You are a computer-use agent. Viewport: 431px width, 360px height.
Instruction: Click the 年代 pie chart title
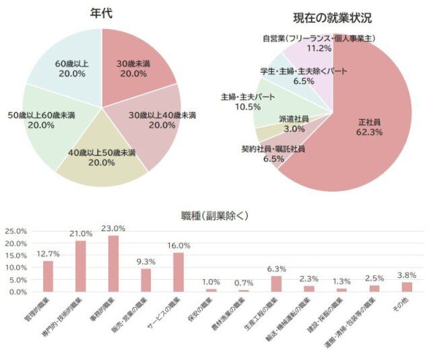pos(101,13)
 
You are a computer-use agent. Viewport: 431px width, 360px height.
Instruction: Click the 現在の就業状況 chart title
pos(332,18)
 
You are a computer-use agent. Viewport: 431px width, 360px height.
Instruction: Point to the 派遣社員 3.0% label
pos(294,123)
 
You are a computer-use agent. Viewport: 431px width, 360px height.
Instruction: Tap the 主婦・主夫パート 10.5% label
pos(248,102)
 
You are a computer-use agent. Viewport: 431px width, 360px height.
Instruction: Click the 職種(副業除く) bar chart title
pos(215,216)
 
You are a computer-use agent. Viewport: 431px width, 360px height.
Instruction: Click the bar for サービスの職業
pos(178,272)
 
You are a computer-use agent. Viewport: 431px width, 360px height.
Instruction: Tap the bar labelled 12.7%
pos(48,276)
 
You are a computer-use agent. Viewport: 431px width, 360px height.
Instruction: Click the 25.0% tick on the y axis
pos(16,231)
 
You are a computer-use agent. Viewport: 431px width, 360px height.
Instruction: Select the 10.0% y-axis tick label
pos(16,267)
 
